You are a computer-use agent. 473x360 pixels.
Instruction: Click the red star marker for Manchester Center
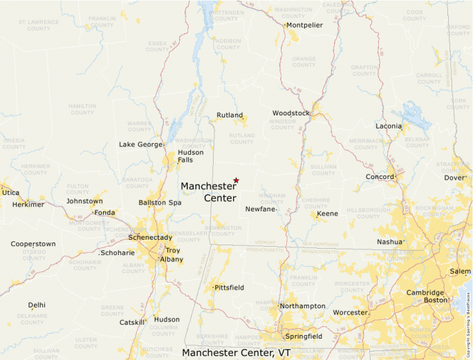click(x=236, y=180)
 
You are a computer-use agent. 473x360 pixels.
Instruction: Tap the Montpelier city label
click(x=304, y=25)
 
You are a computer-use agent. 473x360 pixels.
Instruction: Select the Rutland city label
click(x=230, y=115)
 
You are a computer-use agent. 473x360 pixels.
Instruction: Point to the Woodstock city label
click(x=290, y=113)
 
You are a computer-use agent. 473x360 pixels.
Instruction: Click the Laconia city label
click(x=389, y=126)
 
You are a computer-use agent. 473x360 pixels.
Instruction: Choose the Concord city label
click(x=380, y=177)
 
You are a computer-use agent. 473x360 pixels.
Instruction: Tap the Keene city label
click(x=327, y=214)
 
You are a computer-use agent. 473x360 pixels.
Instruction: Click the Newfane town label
click(x=261, y=209)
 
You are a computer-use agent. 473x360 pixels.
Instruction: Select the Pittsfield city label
click(x=230, y=287)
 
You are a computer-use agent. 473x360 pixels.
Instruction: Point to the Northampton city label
click(x=302, y=306)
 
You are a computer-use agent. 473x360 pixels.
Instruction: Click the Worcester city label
click(x=350, y=313)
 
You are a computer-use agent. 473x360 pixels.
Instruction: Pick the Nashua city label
click(x=389, y=242)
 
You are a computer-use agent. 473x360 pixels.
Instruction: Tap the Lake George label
click(x=140, y=144)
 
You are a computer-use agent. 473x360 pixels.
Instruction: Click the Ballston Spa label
click(x=160, y=202)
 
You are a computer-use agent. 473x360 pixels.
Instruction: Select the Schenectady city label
click(x=150, y=238)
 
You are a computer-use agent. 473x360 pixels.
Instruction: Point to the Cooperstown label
click(x=33, y=244)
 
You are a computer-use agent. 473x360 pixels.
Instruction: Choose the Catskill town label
click(x=132, y=323)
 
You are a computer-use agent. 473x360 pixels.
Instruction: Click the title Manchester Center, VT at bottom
click(x=236, y=353)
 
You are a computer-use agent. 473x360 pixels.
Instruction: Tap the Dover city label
click(x=454, y=178)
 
